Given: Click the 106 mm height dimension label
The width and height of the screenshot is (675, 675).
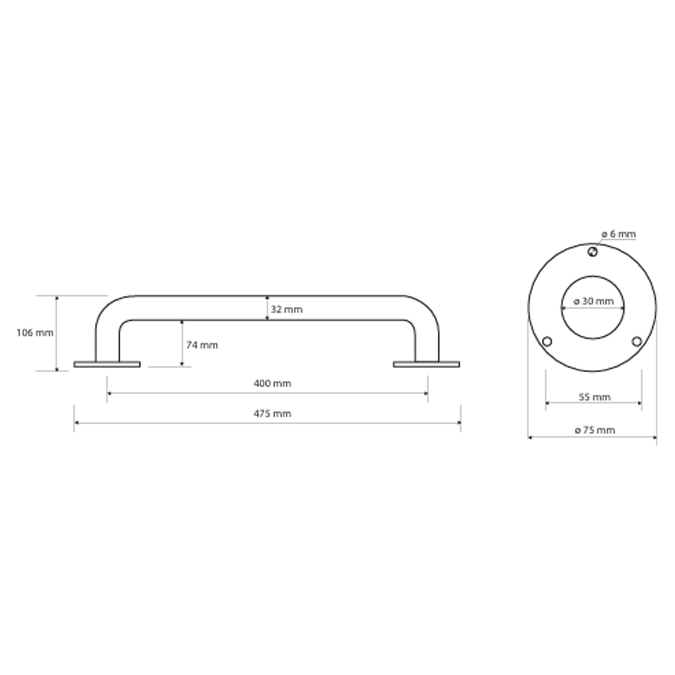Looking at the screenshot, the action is tap(35, 333).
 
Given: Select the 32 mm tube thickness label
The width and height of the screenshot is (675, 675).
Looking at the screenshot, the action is tap(287, 309).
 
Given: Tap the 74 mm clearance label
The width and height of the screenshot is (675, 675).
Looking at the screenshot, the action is tap(202, 345).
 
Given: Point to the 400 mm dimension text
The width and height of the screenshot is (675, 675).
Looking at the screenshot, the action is tap(272, 384).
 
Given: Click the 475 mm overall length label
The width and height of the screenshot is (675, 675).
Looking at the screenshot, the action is tap(272, 414).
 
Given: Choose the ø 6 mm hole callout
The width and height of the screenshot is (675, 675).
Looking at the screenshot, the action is tap(618, 234).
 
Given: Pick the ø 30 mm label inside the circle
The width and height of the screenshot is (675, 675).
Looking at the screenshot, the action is tap(594, 301).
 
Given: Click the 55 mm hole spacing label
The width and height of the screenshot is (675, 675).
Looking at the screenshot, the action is tap(595, 397).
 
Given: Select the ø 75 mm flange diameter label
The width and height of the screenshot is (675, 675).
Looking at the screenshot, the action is tap(595, 430).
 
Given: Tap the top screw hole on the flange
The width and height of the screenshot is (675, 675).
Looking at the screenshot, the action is tap(593, 251).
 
